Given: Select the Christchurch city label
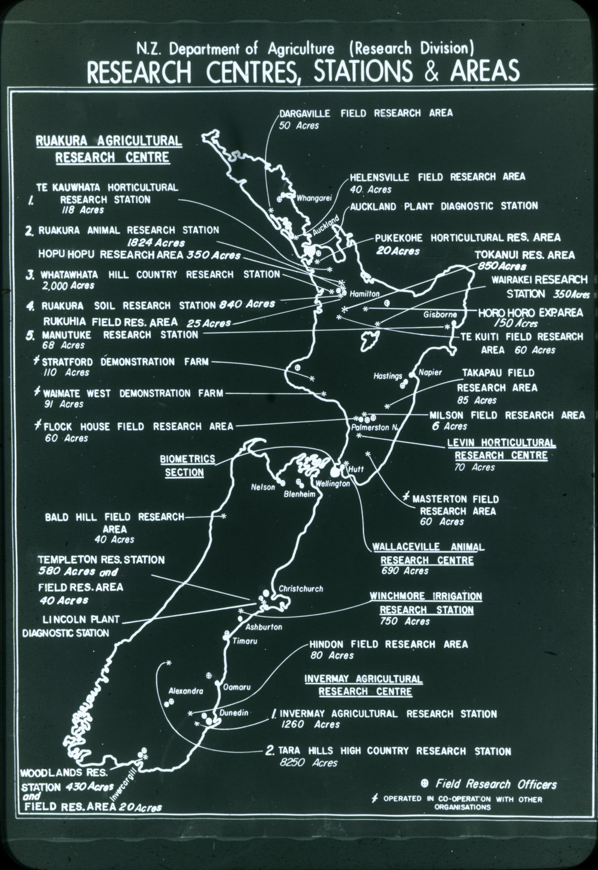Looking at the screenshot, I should coord(301,589).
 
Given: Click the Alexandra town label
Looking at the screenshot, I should coord(182,691).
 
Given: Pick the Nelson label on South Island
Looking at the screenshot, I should coord(263,487).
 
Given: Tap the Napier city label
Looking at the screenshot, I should coord(430,373).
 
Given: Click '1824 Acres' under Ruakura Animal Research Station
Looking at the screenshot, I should coord(155,243).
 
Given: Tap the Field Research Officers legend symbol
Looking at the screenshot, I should coord(425,784).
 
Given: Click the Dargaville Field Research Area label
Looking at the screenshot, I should coord(366,112).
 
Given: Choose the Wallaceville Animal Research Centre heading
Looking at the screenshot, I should coord(428,554).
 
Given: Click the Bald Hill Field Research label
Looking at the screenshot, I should coord(115,517).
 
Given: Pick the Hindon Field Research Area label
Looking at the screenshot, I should coord(388,644).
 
